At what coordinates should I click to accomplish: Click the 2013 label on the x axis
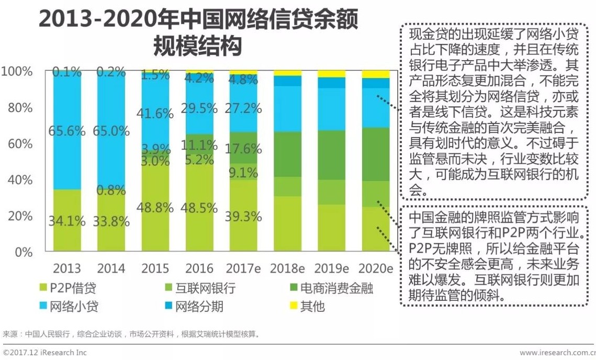tap(67, 268)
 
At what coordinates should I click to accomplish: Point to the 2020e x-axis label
tap(376, 268)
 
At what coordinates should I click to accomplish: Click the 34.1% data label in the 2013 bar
tap(67, 221)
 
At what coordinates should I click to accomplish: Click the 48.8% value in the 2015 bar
tap(155, 207)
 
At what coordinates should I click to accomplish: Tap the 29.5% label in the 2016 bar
tap(199, 108)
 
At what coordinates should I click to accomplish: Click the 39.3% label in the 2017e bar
tap(243, 216)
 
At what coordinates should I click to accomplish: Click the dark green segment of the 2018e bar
tap(287, 154)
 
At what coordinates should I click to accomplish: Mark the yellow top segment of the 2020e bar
tap(376, 74)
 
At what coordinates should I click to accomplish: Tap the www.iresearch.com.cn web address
tap(558, 353)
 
